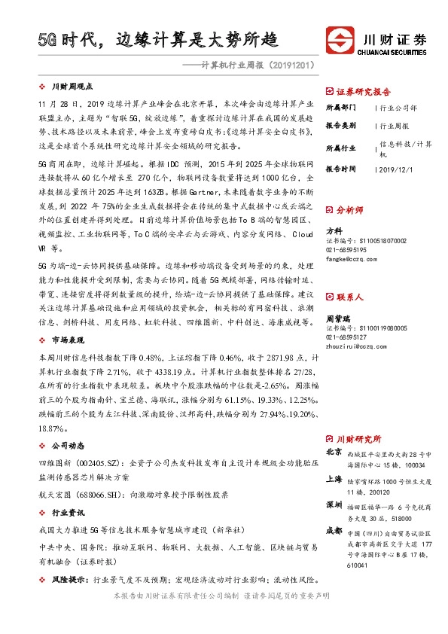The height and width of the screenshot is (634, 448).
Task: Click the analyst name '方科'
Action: point(333,231)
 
